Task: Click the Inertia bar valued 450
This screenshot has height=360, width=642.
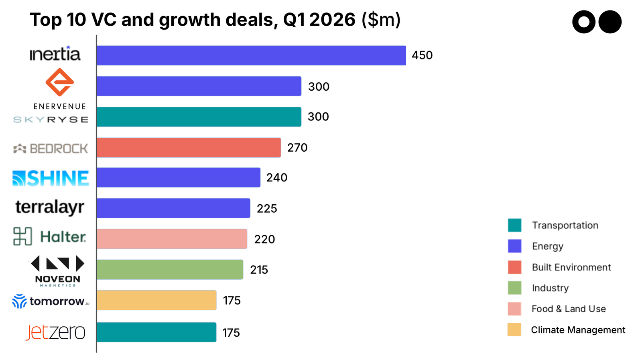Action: (251, 55)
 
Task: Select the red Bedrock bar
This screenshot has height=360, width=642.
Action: (189, 148)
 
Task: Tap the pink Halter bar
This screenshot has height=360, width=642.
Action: (172, 239)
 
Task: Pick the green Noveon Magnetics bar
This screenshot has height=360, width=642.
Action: (170, 269)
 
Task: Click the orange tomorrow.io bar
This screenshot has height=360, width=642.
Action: (156, 300)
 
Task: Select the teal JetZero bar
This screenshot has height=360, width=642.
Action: (156, 332)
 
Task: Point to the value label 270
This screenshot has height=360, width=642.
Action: (297, 148)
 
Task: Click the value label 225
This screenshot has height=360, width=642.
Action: (267, 209)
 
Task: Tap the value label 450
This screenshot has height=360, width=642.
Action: (422, 55)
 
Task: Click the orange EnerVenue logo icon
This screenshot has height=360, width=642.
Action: (59, 82)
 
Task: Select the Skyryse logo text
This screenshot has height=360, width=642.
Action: (51, 120)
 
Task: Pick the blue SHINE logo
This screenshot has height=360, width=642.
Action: (51, 178)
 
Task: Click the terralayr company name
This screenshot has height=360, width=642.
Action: (50, 207)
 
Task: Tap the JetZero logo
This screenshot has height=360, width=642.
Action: (55, 332)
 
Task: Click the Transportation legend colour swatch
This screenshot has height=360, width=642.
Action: (514, 225)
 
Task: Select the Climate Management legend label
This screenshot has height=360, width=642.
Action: (578, 330)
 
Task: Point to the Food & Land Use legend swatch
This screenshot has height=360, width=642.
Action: (514, 309)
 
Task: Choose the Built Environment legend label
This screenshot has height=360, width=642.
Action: (571, 267)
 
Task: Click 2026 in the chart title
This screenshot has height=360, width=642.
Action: (332, 20)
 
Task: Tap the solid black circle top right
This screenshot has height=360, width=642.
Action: (610, 22)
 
